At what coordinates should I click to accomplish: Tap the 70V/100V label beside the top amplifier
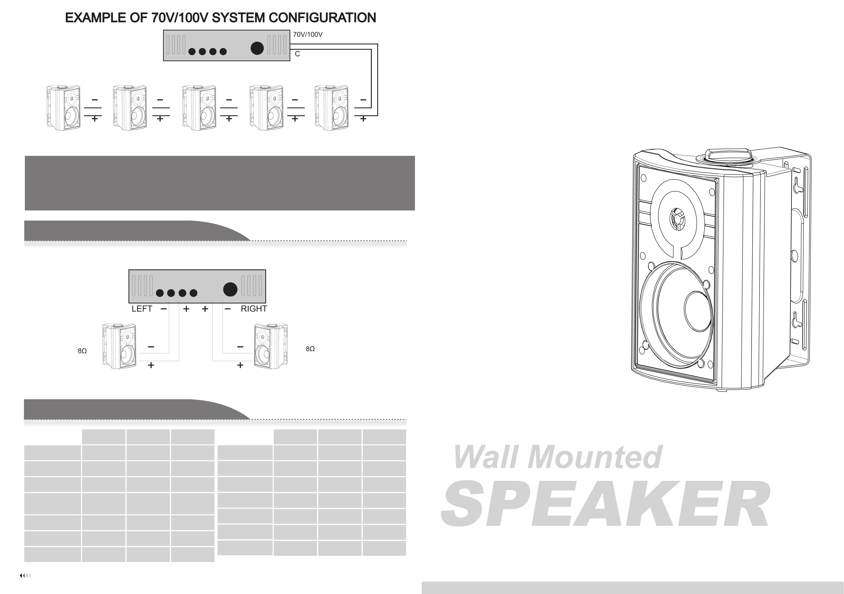[x=308, y=35]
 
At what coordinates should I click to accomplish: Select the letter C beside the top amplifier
[x=297, y=54]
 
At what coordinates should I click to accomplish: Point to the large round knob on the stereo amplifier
[x=230, y=289]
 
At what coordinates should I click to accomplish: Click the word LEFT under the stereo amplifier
[x=142, y=309]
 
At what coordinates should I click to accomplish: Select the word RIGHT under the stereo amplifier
[x=254, y=309]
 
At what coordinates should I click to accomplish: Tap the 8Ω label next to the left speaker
[x=82, y=351]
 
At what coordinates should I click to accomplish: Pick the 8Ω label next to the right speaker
[x=310, y=349]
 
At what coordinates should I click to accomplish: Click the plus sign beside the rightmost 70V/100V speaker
[x=363, y=119]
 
